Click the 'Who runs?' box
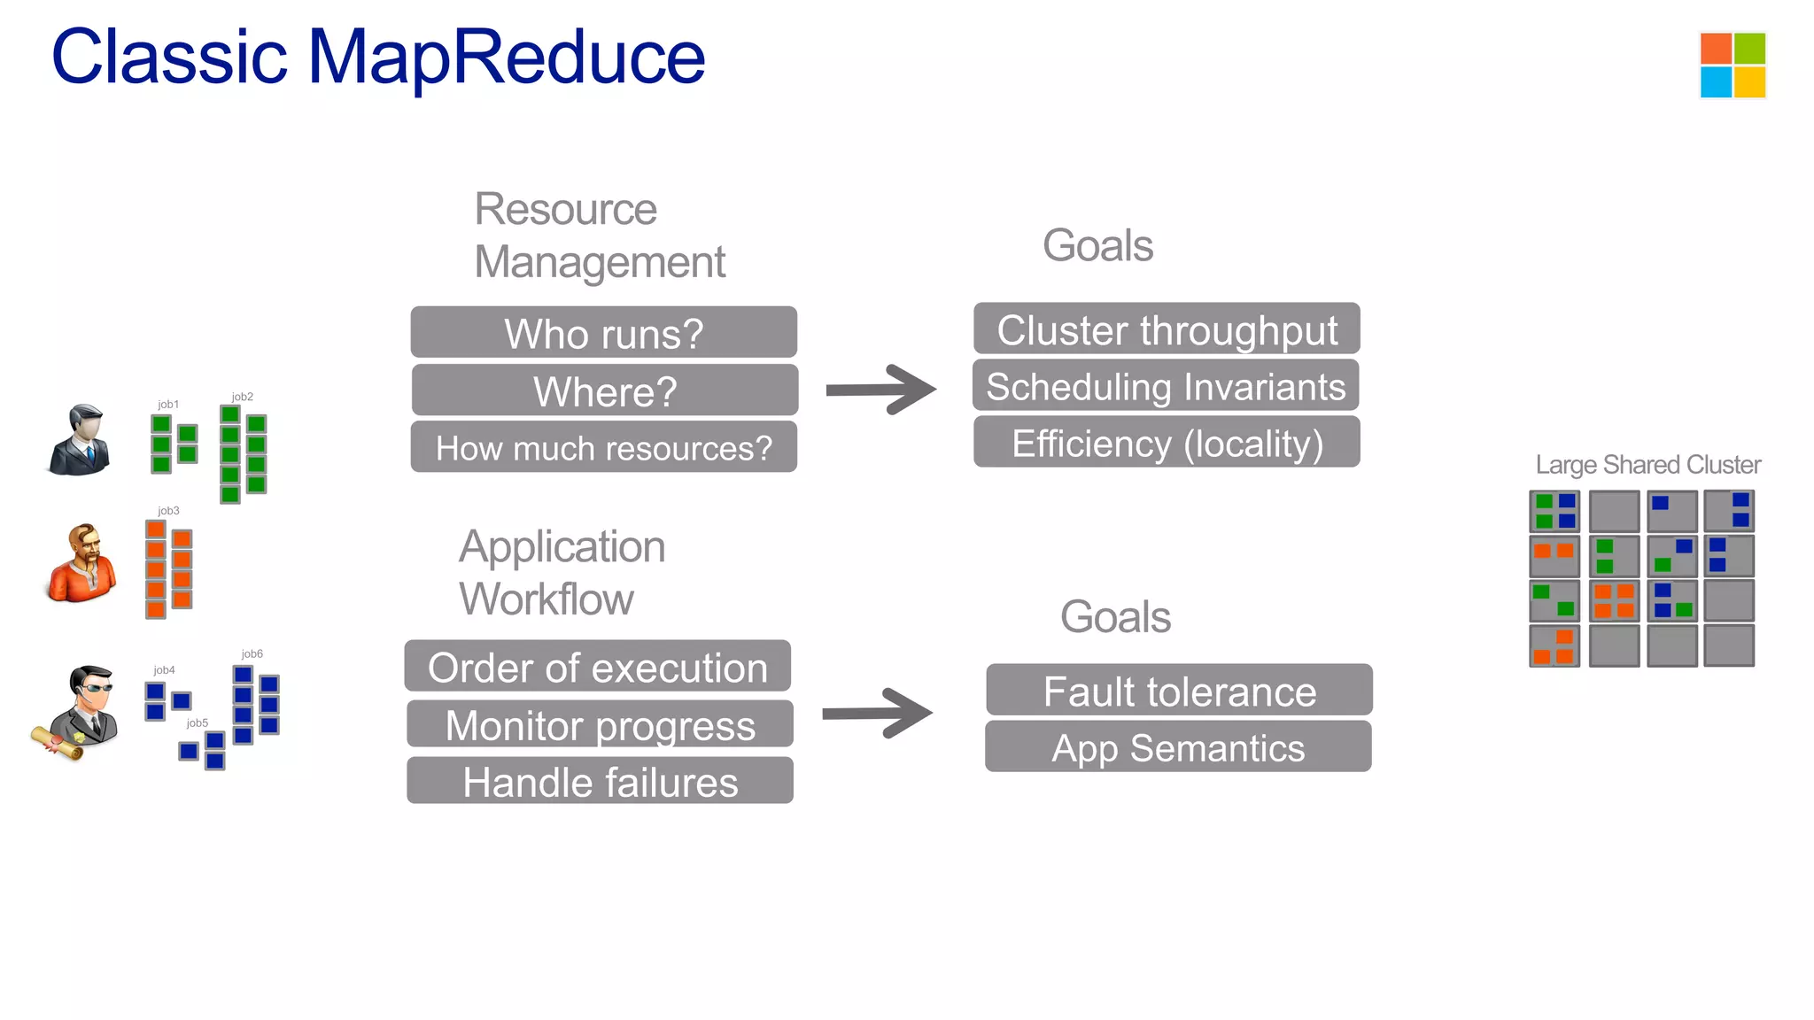point(603,333)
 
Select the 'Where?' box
point(605,390)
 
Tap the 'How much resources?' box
point(603,447)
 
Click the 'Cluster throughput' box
point(1167,329)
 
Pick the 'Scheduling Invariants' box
point(1166,386)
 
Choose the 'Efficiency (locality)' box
point(1167,443)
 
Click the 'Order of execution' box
point(598,667)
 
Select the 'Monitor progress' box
point(600,724)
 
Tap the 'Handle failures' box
point(600,781)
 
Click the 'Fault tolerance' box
point(1179,691)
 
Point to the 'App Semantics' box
point(1178,747)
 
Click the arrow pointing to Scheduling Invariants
point(880,390)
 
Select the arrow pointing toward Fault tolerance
point(877,713)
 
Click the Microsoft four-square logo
point(1733,65)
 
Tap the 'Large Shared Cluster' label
point(1647,465)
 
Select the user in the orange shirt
point(81,564)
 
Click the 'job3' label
point(168,511)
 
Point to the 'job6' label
point(252,653)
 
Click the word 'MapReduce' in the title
point(506,58)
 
